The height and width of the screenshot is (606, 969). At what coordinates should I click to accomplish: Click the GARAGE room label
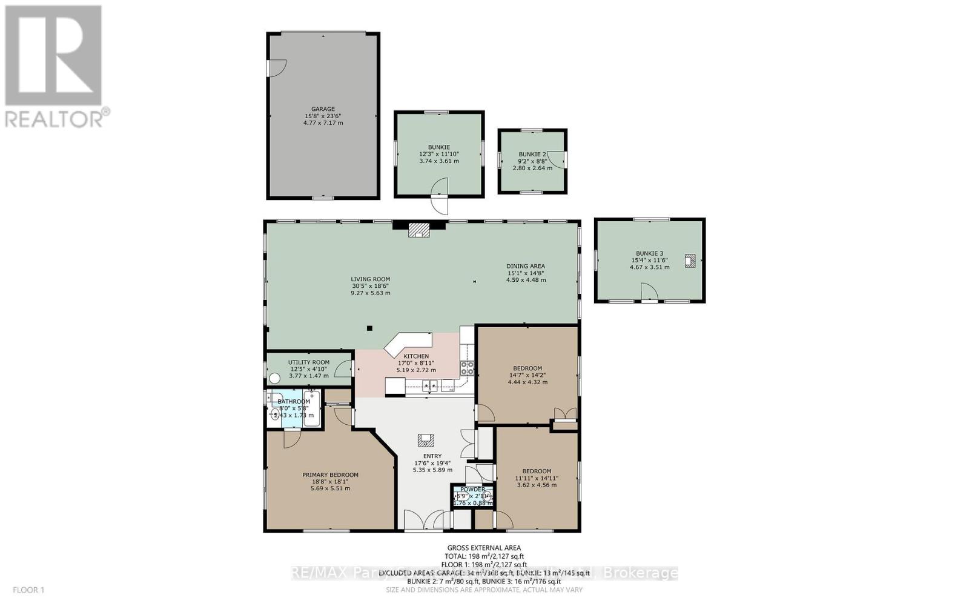point(323,109)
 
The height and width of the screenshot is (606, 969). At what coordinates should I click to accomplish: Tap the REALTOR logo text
point(58,119)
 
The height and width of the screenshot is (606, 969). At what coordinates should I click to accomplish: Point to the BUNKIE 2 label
point(532,154)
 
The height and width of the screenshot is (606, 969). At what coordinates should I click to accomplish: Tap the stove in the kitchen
point(468,368)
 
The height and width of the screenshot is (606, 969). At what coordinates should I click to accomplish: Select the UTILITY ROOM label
point(309,362)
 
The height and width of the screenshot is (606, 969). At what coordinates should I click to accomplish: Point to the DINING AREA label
point(526,266)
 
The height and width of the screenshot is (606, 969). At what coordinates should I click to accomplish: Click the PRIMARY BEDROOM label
point(330,475)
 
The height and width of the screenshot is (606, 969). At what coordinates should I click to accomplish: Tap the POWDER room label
point(472,489)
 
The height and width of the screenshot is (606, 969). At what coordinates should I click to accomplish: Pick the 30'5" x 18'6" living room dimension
point(370,286)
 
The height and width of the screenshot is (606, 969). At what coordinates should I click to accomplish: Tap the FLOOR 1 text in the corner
point(28,590)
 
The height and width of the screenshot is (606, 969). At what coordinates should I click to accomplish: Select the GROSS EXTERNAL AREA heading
point(484,548)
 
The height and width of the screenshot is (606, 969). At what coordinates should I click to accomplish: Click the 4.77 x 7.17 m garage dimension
point(323,123)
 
